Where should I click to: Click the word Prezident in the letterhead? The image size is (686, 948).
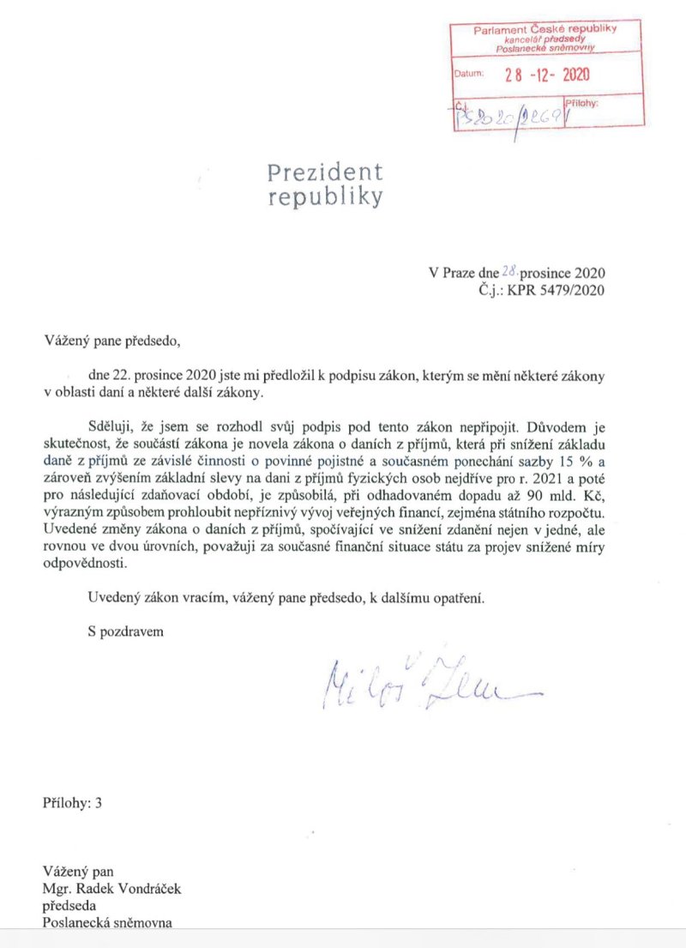[325, 172]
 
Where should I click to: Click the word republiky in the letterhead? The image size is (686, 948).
[325, 198]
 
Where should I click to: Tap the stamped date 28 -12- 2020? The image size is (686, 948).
[546, 74]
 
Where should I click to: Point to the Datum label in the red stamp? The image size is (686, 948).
[469, 74]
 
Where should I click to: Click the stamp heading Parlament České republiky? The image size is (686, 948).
[545, 30]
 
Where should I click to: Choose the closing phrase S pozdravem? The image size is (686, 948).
[125, 631]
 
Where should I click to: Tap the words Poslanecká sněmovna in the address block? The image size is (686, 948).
[107, 922]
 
